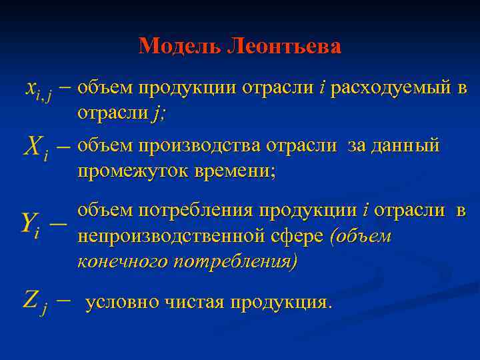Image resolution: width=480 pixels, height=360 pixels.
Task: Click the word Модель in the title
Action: click(179, 46)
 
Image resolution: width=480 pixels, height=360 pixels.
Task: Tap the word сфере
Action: click(303, 236)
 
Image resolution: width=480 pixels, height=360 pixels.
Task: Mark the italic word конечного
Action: click(122, 262)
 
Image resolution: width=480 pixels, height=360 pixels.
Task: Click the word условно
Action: click(123, 302)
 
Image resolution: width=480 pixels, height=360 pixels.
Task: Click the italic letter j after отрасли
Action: click(157, 114)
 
